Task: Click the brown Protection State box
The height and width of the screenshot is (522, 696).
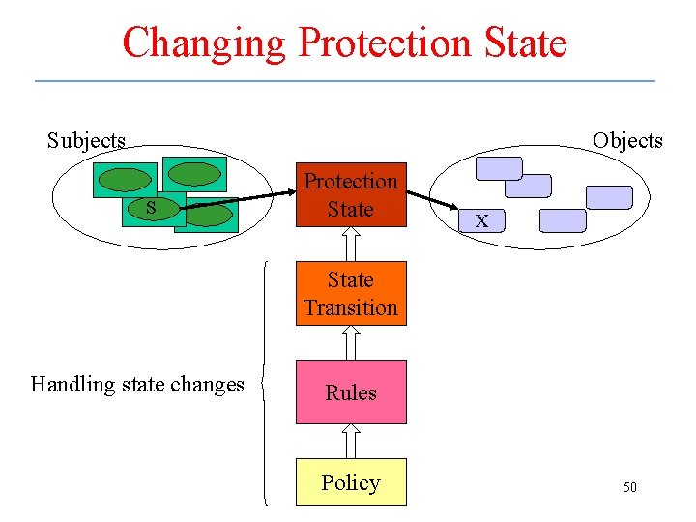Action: [x=350, y=194]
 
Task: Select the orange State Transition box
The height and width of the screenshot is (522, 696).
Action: [x=350, y=293]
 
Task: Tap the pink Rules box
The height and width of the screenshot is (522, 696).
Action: [x=350, y=392]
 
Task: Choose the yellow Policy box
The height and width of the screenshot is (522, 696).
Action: [x=350, y=482]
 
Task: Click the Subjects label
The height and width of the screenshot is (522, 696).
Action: [x=86, y=140]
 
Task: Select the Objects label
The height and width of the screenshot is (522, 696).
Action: [x=627, y=140]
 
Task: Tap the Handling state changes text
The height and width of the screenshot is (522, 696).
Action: [x=137, y=384]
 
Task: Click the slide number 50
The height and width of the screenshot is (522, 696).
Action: [x=629, y=487]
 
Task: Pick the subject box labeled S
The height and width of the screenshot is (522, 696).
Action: [x=151, y=208]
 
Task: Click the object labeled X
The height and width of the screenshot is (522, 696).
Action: [x=481, y=221]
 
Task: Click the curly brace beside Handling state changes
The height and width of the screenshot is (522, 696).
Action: [x=266, y=383]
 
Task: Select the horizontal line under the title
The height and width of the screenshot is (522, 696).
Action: [x=345, y=80]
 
